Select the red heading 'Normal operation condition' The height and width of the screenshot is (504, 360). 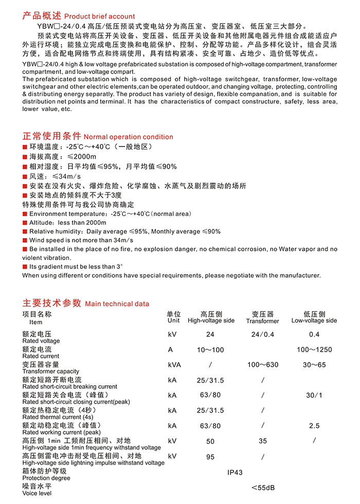coord(128,137)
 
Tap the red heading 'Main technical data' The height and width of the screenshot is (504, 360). coord(117,303)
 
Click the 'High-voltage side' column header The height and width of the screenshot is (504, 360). coord(211,320)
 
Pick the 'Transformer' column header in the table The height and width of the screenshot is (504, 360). coord(262,321)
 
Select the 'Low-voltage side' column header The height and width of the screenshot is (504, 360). coord(314,320)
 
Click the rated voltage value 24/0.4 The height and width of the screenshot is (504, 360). coord(263,334)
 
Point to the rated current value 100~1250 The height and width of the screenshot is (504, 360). coord(314,350)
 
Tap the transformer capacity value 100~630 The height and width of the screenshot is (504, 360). coord(263,365)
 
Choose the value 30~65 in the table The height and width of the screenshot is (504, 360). coord(314,365)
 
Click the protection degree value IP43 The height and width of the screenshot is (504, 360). coord(235,472)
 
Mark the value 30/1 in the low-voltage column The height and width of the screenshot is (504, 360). coord(314,395)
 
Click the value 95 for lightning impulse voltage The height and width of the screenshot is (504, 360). coord(211,457)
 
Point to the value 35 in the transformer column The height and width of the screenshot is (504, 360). coord(263,441)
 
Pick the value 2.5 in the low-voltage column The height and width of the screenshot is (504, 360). coord(314,426)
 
